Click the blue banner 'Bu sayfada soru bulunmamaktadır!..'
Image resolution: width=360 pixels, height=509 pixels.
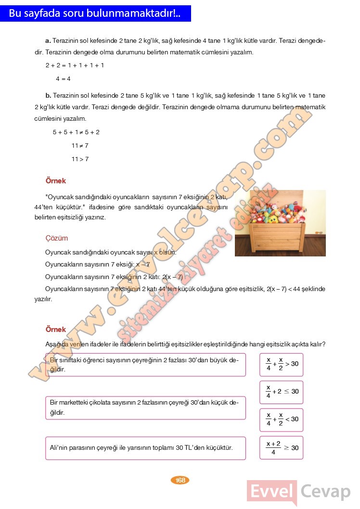pyautogui.click(x=95, y=13)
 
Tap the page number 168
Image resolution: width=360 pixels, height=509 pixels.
pyautogui.click(x=180, y=480)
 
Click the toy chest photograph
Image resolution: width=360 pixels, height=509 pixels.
pyautogui.click(x=280, y=223)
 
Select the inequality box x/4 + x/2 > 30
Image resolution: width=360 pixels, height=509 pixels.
pyautogui.click(x=282, y=364)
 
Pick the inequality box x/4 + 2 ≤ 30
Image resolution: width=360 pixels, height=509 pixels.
pyautogui.click(x=282, y=391)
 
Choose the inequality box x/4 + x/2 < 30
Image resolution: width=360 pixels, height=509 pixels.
pyautogui.click(x=282, y=419)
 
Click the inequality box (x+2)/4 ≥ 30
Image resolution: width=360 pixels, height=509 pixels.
pyautogui.click(x=282, y=447)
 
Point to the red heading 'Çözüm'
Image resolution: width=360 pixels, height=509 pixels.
pyautogui.click(x=56, y=238)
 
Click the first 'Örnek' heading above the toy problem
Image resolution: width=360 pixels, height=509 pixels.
pyautogui.click(x=56, y=181)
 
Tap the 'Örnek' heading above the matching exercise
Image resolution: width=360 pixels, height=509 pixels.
pyautogui.click(x=56, y=330)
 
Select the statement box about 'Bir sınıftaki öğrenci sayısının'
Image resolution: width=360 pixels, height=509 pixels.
pyautogui.click(x=145, y=365)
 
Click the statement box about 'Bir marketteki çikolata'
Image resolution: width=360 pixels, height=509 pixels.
pyautogui.click(x=145, y=407)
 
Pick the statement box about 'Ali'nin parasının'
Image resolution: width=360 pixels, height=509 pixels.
pyautogui.click(x=145, y=448)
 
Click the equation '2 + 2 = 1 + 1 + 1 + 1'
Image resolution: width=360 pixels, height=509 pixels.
pyautogui.click(x=75, y=65)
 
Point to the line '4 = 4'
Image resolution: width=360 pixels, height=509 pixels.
pyautogui.click(x=63, y=78)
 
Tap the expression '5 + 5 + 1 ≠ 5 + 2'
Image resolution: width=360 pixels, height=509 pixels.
pyautogui.click(x=76, y=132)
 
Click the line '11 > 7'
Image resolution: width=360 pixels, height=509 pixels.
pyautogui.click(x=80, y=159)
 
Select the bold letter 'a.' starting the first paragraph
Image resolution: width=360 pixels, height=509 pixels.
pyautogui.click(x=48, y=41)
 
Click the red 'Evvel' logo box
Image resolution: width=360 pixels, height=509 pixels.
pyautogui.click(x=272, y=492)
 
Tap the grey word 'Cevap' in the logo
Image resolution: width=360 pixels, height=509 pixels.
pyautogui.click(x=326, y=492)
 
